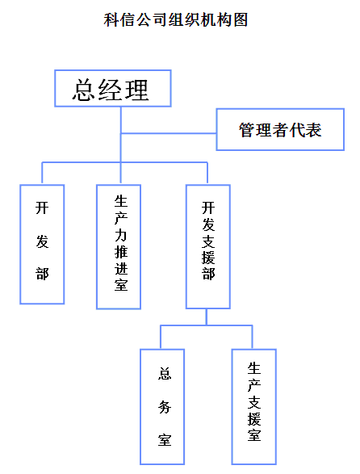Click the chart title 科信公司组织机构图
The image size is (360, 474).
click(176, 20)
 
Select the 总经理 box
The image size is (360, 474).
click(113, 88)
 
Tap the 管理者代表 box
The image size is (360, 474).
click(280, 129)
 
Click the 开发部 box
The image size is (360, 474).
click(42, 244)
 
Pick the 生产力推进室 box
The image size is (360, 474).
click(119, 246)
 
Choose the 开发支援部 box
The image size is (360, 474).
click(208, 246)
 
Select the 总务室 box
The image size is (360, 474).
click(162, 407)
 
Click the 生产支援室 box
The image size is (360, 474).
click(254, 407)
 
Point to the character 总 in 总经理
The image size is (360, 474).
click(84, 90)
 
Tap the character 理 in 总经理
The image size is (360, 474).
click(136, 90)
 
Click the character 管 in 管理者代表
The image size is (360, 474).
click(247, 130)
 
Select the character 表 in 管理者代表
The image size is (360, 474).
click(313, 130)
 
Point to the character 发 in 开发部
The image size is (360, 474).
click(42, 241)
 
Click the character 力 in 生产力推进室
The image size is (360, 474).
click(121, 235)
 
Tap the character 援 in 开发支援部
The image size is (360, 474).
click(208, 258)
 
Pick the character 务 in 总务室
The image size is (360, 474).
click(165, 407)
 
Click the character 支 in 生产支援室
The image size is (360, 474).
click(254, 402)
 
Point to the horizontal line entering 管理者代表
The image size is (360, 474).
click(169, 133)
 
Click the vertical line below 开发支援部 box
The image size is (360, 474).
click(207, 317)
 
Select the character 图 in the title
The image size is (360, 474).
click(241, 20)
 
